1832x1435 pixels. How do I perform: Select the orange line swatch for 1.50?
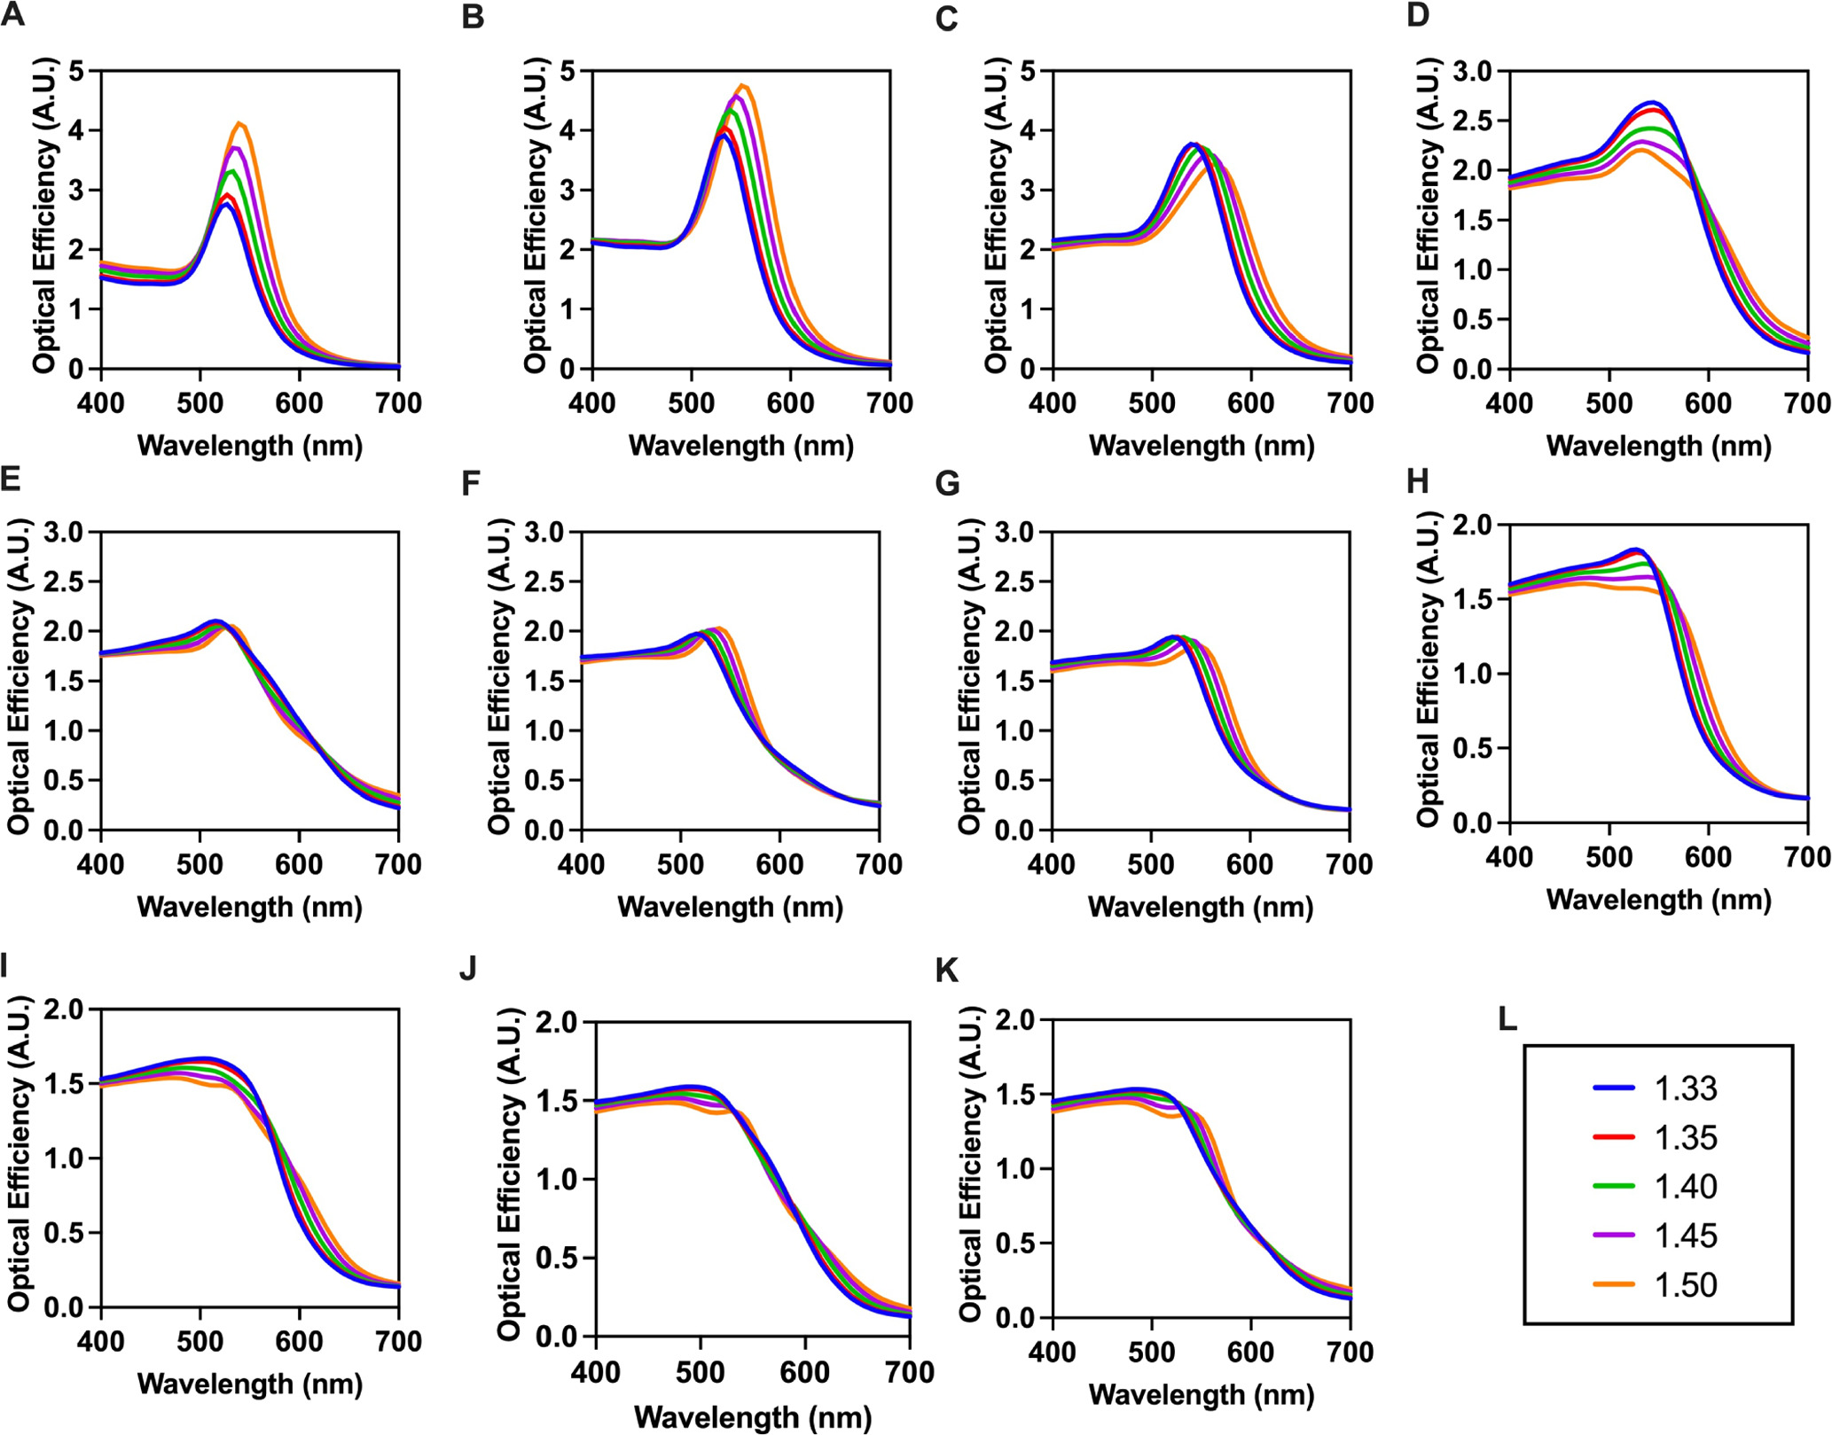click(1613, 1284)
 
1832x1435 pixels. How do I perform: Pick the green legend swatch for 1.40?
click(1613, 1186)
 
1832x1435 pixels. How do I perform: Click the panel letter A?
click(12, 15)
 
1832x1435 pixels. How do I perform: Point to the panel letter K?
click(947, 971)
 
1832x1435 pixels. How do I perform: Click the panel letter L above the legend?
click(1507, 1019)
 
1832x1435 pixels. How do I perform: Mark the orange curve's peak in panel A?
click(239, 123)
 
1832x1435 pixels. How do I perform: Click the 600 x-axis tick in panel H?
click(1708, 857)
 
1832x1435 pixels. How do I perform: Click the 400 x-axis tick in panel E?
click(100, 864)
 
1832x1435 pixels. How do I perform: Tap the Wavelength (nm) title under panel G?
click(1201, 907)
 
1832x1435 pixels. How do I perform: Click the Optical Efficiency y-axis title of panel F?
click(500, 676)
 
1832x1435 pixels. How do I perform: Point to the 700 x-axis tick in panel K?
click(1349, 1352)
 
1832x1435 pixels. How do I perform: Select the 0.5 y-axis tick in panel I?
click(65, 1233)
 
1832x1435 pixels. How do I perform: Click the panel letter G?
click(947, 484)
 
